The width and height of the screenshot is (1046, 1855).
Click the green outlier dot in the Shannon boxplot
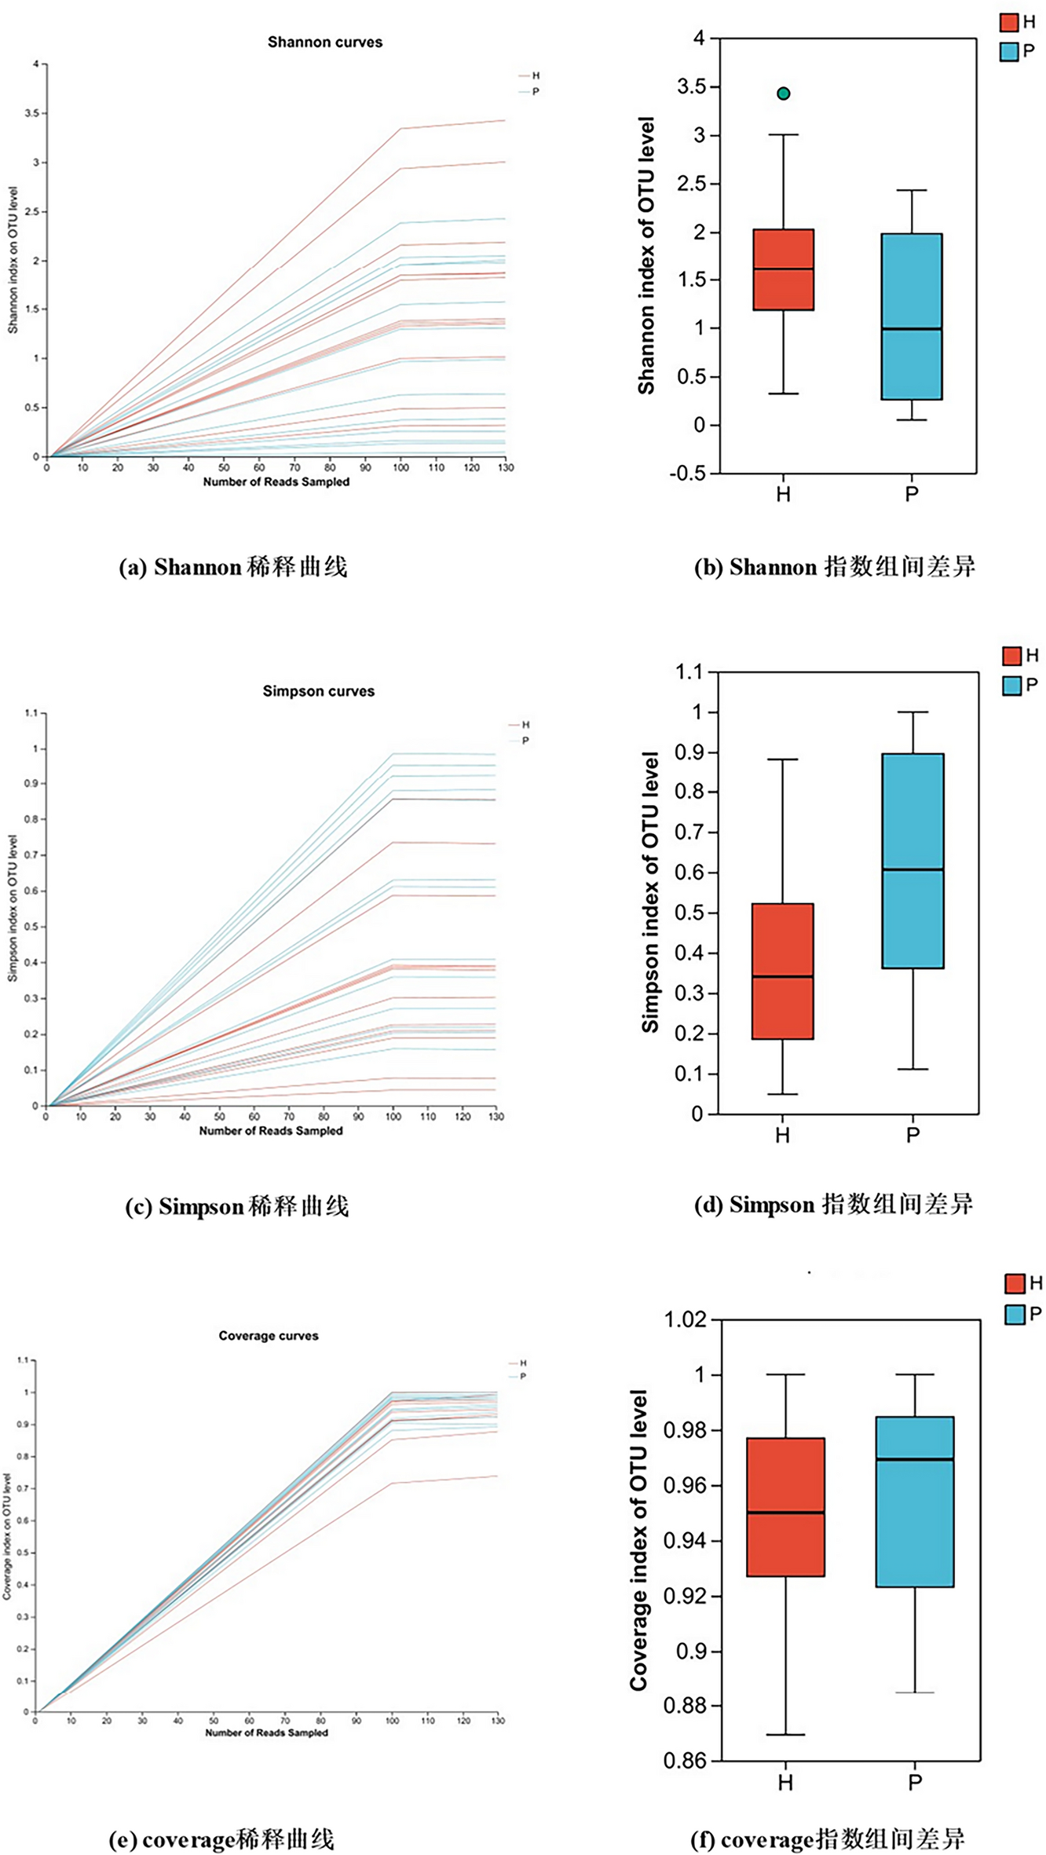(783, 94)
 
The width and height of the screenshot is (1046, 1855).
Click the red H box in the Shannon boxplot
(783, 269)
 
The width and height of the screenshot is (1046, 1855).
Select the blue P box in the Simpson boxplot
(913, 861)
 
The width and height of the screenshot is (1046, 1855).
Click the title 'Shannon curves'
(325, 42)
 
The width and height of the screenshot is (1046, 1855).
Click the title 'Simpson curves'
(319, 692)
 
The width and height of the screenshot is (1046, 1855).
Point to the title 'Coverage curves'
(269, 1336)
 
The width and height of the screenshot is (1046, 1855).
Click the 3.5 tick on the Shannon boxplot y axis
(691, 87)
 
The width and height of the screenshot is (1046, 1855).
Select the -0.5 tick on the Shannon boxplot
(688, 474)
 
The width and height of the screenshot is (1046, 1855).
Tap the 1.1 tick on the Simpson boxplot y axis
(689, 672)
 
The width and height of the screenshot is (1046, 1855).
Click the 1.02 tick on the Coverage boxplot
(686, 1319)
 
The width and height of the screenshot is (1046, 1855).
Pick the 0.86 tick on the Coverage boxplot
(686, 1761)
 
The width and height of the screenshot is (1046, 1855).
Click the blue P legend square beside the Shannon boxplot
(1009, 52)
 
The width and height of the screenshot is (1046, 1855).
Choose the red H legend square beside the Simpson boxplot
(1012, 656)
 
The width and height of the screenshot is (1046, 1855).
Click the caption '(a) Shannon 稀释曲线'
(233, 567)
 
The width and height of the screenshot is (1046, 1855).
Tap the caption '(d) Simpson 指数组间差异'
(834, 1204)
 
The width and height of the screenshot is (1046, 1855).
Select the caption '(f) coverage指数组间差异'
(828, 1839)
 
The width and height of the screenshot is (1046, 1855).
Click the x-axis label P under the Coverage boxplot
(915, 1783)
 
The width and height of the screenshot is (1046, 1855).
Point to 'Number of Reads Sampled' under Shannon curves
(276, 482)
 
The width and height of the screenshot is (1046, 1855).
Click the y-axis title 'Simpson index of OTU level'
(650, 892)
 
